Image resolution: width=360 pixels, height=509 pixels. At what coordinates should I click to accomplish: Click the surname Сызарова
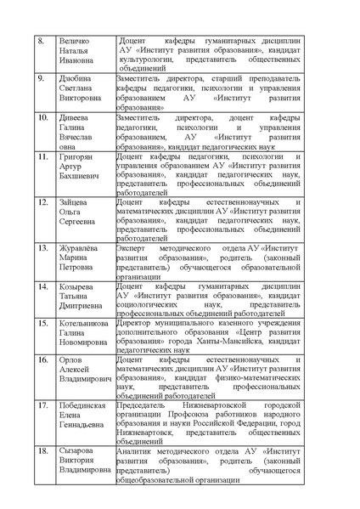(78, 450)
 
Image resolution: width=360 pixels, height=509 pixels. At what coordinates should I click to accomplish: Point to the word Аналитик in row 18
(137, 450)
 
